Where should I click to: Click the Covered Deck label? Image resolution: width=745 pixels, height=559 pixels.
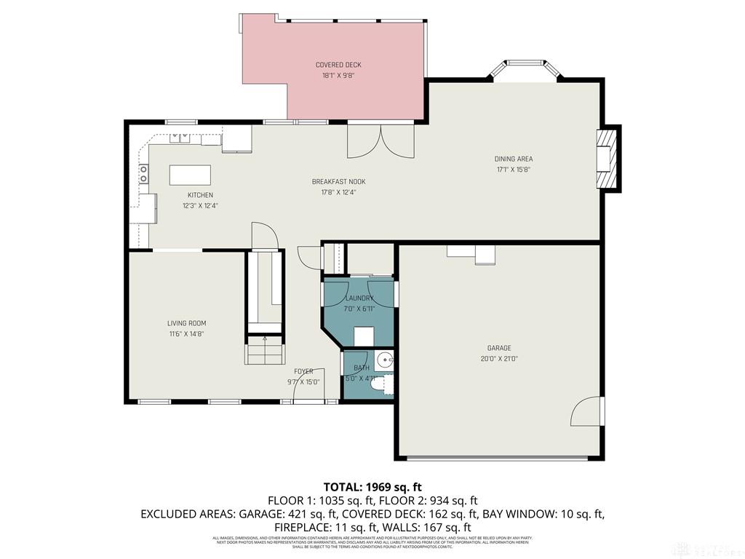(x=338, y=65)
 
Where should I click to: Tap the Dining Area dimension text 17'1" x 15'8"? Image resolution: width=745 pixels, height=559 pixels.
(x=514, y=170)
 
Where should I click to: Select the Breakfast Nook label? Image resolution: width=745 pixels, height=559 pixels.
(x=338, y=182)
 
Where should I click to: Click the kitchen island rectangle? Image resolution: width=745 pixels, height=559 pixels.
(x=190, y=175)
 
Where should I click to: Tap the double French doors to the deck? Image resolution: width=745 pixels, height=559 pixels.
(x=381, y=141)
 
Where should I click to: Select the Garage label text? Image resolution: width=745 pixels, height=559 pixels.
(x=499, y=348)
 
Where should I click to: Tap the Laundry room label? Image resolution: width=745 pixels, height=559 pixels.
(x=359, y=298)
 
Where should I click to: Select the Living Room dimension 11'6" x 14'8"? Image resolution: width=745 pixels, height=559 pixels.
(x=187, y=334)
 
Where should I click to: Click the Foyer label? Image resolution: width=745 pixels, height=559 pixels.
(x=303, y=371)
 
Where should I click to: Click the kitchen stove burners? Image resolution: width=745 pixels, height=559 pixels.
(x=143, y=173)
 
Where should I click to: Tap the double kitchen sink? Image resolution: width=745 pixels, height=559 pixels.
(x=180, y=137)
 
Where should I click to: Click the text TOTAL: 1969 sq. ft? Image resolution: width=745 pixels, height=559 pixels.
(x=372, y=486)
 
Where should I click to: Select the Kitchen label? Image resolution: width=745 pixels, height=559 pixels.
(x=200, y=195)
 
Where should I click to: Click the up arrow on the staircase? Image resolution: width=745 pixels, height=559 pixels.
(x=265, y=339)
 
